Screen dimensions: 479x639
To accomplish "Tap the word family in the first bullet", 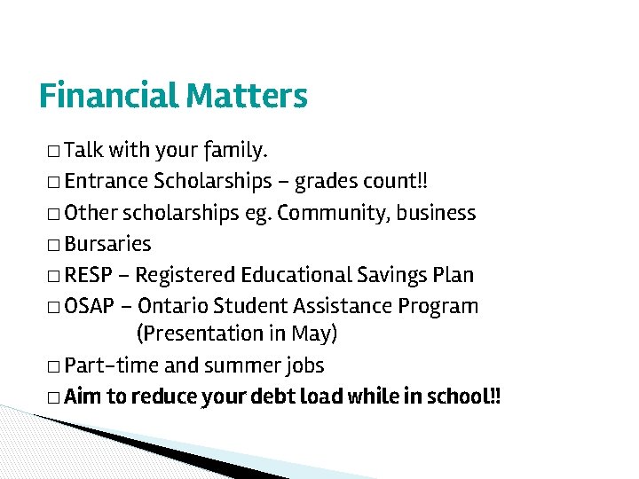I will tap(235, 148).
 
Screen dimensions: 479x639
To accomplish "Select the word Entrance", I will tap(106, 182).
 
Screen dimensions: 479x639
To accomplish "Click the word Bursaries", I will tap(107, 244).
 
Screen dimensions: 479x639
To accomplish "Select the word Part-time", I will tap(111, 365).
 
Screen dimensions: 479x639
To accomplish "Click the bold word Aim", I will tap(83, 397).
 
